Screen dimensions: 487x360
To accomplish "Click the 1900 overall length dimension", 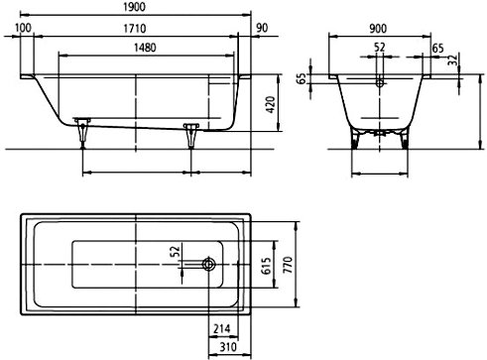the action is [134, 7].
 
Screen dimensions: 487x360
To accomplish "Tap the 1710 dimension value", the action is [135, 29].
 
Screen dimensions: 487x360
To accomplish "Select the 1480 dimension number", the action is [145, 48].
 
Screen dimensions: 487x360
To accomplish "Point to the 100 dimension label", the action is [23, 28].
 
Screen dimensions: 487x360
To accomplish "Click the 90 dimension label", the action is [262, 28].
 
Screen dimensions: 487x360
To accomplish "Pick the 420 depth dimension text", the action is [271, 105].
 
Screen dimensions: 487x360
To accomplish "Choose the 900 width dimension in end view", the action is [378, 29].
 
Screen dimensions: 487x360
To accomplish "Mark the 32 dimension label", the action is [453, 60].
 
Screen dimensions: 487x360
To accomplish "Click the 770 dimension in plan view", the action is [288, 265].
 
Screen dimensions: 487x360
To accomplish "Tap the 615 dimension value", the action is [266, 266].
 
